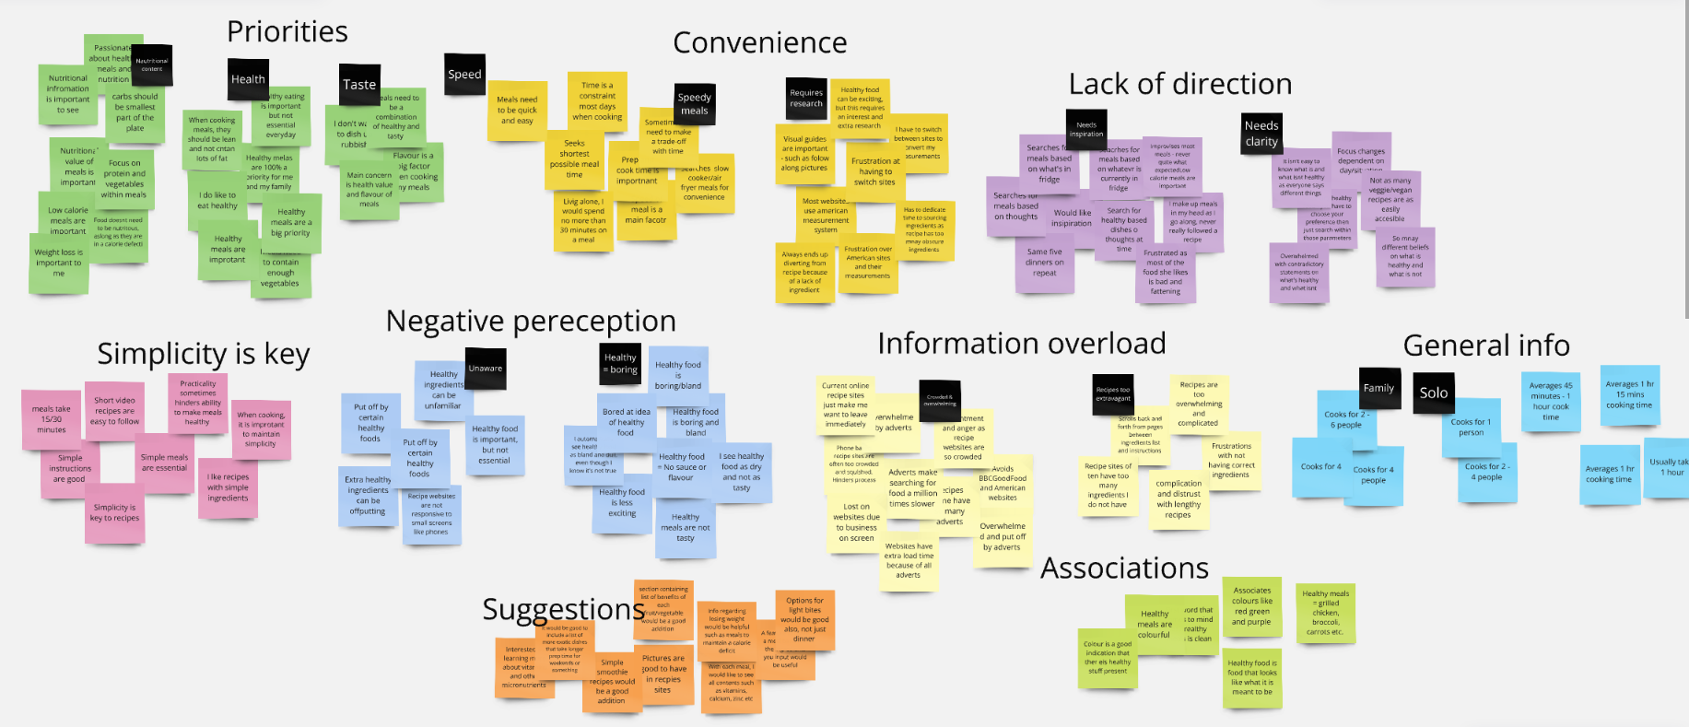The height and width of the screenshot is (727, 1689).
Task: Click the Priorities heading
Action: tap(287, 32)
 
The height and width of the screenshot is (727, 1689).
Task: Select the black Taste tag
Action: tap(359, 85)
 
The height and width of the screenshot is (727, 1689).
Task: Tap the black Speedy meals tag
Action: tap(694, 104)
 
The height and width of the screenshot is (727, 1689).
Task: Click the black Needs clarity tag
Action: tap(1261, 134)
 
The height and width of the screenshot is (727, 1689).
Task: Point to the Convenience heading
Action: tap(759, 43)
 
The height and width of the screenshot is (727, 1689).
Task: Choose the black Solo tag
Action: tap(1433, 393)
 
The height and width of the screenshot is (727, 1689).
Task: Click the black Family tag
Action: tap(1378, 388)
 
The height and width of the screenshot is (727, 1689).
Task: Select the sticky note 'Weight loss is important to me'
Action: tap(58, 264)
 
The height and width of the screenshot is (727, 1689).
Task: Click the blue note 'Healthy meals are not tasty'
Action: tap(686, 528)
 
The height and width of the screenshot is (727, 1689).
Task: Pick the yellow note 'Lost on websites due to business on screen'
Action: tap(856, 522)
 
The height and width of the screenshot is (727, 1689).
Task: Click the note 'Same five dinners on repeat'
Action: tap(1044, 263)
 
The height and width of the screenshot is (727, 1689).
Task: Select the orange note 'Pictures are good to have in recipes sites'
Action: tap(663, 674)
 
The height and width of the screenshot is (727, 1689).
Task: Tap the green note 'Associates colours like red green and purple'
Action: tap(1251, 606)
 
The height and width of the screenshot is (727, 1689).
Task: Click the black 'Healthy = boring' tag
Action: tap(620, 363)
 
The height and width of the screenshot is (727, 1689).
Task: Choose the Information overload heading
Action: tap(1021, 344)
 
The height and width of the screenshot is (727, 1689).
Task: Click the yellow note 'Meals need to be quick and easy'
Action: tap(516, 111)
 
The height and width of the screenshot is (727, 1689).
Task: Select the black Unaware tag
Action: tap(485, 369)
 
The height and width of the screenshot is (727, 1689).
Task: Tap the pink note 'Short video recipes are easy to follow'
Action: tap(114, 411)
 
